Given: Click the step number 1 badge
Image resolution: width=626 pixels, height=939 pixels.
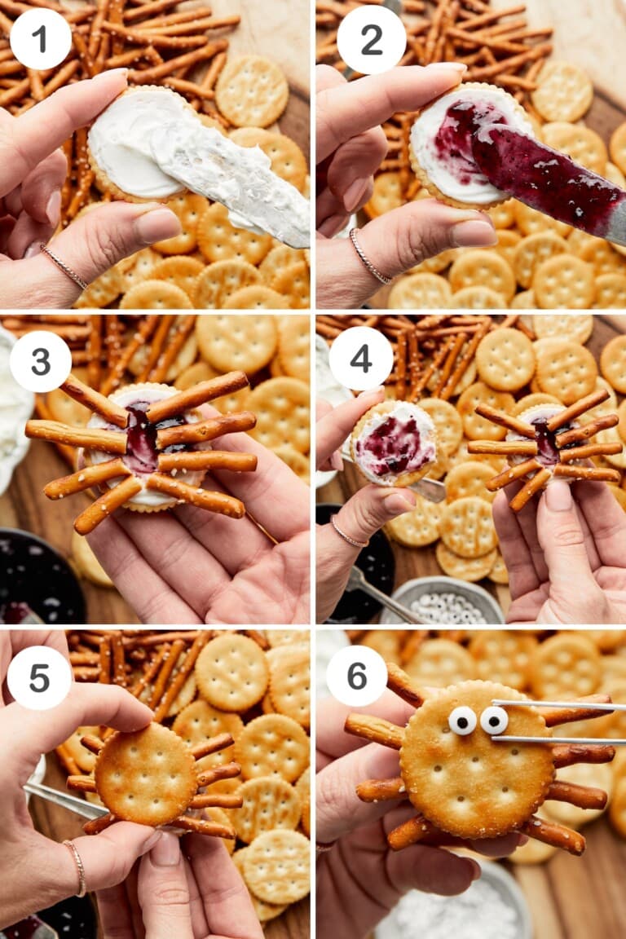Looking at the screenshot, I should click(40, 38).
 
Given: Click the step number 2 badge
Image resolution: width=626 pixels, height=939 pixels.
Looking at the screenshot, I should click(371, 39).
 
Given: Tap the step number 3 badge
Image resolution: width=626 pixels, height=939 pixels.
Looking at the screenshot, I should click(40, 361).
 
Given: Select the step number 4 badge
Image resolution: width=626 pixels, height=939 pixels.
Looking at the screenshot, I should click(360, 358).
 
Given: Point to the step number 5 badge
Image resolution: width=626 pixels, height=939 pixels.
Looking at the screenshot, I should click(38, 677).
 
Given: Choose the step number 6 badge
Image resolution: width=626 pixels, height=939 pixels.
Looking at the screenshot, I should click(356, 676).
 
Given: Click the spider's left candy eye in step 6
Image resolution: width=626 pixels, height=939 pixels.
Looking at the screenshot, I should click(463, 721).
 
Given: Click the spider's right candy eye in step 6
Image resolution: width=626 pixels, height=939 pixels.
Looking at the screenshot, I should click(493, 720).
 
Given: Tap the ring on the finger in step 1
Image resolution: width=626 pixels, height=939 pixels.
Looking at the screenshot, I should click(64, 267).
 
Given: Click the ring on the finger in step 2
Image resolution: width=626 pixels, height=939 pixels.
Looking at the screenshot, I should click(369, 257).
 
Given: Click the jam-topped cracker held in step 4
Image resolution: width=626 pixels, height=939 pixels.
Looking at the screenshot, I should click(395, 444).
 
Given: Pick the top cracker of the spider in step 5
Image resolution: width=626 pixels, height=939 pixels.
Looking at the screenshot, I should click(144, 774).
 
